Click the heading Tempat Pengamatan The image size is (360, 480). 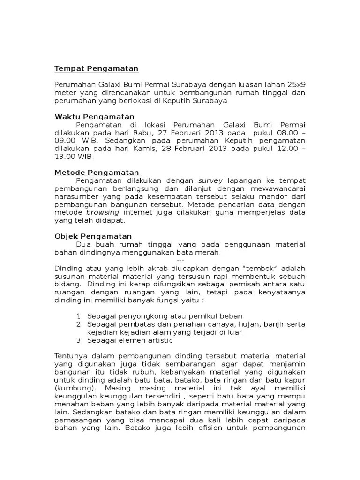(x=97, y=69)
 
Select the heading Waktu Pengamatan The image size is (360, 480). (x=94, y=117)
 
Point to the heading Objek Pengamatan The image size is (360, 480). (x=93, y=236)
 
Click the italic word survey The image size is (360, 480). (x=211, y=180)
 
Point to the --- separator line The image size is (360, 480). (x=180, y=260)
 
